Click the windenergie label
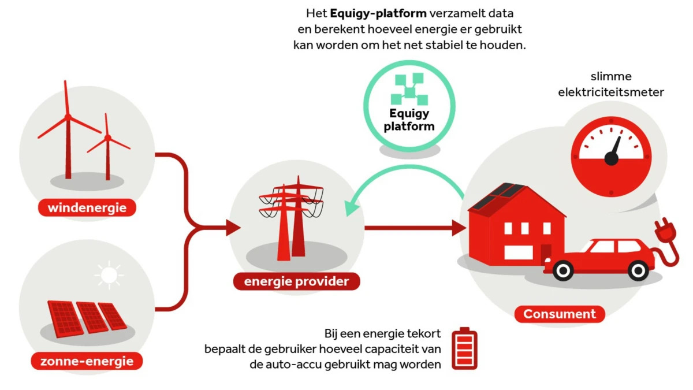coord(87,207)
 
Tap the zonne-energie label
coord(87,361)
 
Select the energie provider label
coord(296,281)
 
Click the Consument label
coord(560,314)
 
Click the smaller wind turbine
coord(107,148)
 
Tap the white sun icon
coord(109,275)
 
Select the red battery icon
coord(464,348)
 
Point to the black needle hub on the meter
coord(612,158)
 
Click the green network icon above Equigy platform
coord(409,89)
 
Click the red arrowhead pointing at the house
coord(459,228)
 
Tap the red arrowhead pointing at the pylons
coord(233,228)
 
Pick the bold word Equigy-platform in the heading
coord(378,14)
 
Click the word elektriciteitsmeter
coord(611,92)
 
